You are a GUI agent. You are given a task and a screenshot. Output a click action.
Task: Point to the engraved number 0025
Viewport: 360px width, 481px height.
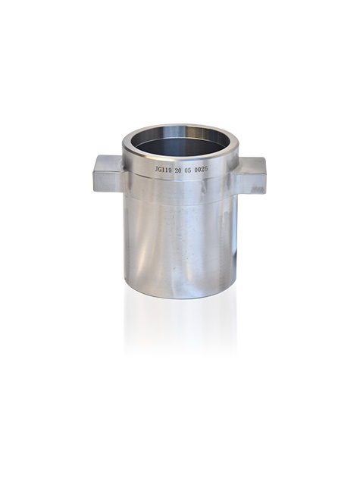[201, 170]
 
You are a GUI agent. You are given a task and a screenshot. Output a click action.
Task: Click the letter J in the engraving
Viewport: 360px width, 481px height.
[156, 171]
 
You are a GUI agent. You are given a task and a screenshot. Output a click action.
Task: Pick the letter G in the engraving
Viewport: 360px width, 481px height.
[159, 171]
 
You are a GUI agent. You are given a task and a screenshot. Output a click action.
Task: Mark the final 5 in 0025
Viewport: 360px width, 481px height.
[206, 170]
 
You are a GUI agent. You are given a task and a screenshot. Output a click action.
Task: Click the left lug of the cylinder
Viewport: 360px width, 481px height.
[108, 173]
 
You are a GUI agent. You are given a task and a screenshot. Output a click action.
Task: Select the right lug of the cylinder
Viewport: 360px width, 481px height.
[252, 173]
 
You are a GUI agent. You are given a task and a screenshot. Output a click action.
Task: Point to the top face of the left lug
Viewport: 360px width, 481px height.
[109, 160]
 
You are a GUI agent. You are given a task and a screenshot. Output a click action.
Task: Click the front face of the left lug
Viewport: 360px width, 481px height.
[107, 179]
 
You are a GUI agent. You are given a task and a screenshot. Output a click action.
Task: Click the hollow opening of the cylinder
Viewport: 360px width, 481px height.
[180, 143]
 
